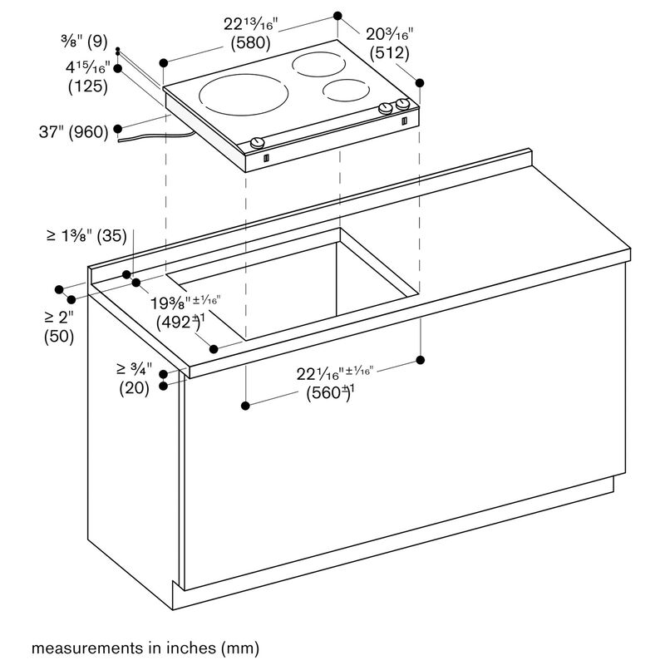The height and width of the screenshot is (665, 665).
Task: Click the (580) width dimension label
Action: click(251, 43)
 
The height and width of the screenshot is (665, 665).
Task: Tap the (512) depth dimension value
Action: click(389, 53)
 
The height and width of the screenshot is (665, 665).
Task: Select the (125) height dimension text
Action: click(88, 86)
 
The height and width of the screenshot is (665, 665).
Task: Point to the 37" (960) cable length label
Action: click(74, 132)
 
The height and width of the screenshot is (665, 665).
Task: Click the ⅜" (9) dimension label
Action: click(84, 42)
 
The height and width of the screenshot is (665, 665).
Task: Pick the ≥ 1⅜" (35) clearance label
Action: click(86, 236)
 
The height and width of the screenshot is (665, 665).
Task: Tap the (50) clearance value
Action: click(59, 337)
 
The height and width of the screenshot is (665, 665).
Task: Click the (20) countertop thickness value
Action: click(134, 388)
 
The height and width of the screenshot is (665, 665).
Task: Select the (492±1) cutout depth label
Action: click(180, 322)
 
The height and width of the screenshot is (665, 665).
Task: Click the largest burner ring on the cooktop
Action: click(244, 95)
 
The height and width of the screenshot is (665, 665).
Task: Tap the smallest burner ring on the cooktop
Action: click(346, 91)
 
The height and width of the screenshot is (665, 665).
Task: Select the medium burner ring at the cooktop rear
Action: click(318, 65)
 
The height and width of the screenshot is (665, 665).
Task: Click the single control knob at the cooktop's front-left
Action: click(258, 142)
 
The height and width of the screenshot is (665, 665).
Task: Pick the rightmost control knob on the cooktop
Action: click(402, 104)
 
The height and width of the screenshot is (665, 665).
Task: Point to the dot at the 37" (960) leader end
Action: click(118, 129)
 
